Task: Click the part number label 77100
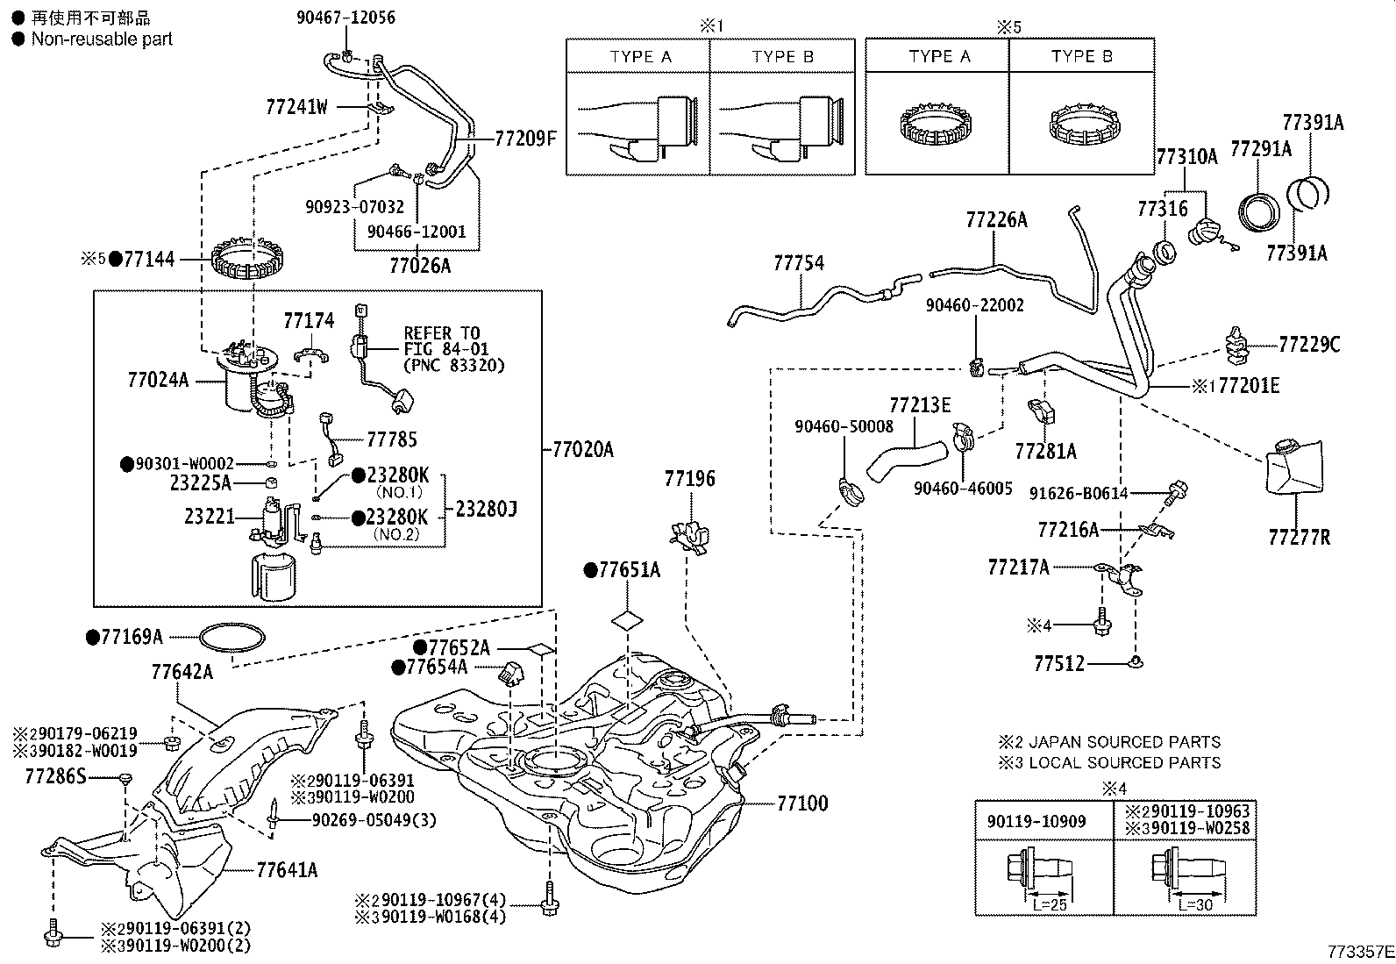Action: [802, 803]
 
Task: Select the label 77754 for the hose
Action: [798, 263]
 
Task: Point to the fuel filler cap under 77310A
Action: [1203, 232]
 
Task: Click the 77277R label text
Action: [1299, 537]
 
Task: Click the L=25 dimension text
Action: [1050, 904]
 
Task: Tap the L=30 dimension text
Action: [1194, 904]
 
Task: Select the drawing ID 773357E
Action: [1360, 952]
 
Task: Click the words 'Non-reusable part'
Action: [102, 39]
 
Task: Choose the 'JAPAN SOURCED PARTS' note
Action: [1123, 742]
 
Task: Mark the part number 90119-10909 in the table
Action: [1036, 821]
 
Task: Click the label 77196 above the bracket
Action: [689, 479]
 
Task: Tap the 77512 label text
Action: [1059, 663]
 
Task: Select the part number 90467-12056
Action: [345, 18]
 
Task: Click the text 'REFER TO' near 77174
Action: [442, 333]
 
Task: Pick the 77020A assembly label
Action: [583, 449]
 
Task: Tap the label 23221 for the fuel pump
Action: [210, 517]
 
